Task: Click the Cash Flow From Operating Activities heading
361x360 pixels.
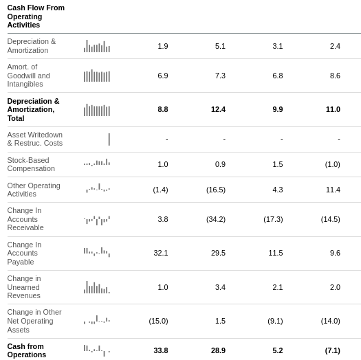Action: click(36, 16)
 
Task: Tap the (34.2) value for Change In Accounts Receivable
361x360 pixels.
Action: click(216, 219)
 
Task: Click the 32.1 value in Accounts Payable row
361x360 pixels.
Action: click(161, 253)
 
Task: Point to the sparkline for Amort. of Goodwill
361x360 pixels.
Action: click(97, 76)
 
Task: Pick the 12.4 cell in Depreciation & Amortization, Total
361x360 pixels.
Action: click(218, 109)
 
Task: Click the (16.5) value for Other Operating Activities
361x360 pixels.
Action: click(216, 190)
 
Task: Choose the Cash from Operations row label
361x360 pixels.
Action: click(27, 350)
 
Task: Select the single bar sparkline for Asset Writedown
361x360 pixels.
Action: click(109, 139)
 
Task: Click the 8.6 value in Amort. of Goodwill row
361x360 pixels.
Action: click(335, 76)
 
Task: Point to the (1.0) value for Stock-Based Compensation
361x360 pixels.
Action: click(331, 164)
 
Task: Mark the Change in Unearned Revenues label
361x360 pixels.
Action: click(24, 286)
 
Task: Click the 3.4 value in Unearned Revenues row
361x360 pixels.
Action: click(220, 287)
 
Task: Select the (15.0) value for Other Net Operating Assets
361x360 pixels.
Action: click(158, 321)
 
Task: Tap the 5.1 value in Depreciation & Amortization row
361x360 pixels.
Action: click(220, 46)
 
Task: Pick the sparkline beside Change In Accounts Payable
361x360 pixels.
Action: click(97, 252)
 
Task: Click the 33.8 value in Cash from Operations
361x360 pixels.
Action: click(161, 350)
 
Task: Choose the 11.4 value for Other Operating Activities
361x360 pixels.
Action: click(333, 190)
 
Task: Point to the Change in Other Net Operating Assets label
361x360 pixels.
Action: click(34, 320)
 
